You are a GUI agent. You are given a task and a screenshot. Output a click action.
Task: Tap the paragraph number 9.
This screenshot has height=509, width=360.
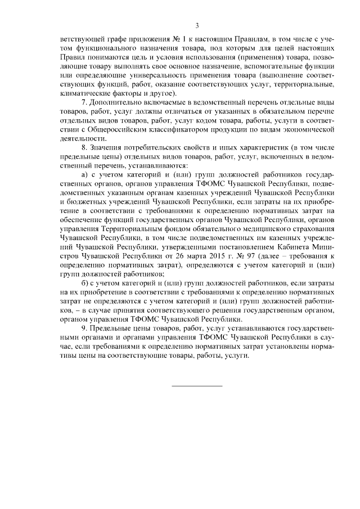[84, 326]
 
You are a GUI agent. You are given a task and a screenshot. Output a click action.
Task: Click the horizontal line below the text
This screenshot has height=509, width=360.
[196, 385]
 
